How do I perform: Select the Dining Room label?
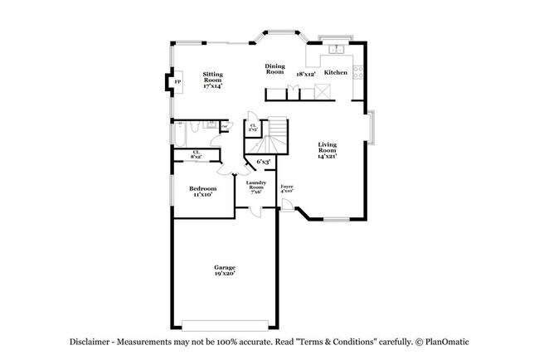[x=274, y=69]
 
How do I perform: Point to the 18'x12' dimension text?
[x=306, y=74]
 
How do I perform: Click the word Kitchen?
[x=335, y=72]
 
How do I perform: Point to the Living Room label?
[x=326, y=148]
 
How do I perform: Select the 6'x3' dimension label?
[x=264, y=161]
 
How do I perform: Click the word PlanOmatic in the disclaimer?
[x=454, y=342]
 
